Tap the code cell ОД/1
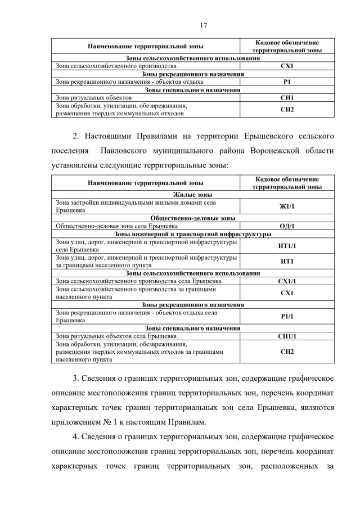coord(287,226)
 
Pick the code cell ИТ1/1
coord(287,246)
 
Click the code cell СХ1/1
coord(287,281)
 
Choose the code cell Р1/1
coord(287,316)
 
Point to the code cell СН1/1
coord(287,336)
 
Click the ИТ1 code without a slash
coord(287,261)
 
